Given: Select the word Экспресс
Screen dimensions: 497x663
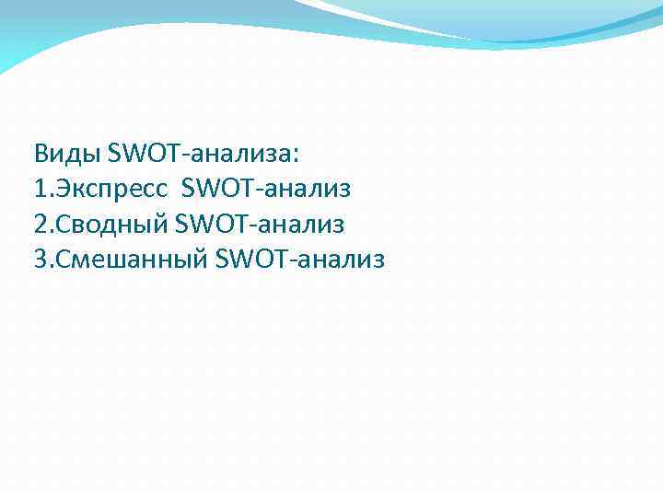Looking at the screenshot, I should [x=113, y=190].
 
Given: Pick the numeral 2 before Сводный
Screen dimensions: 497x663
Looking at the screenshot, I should [x=40, y=225].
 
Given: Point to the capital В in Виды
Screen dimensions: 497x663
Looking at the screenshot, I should [x=41, y=152].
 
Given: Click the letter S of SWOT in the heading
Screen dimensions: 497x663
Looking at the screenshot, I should [x=115, y=152].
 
